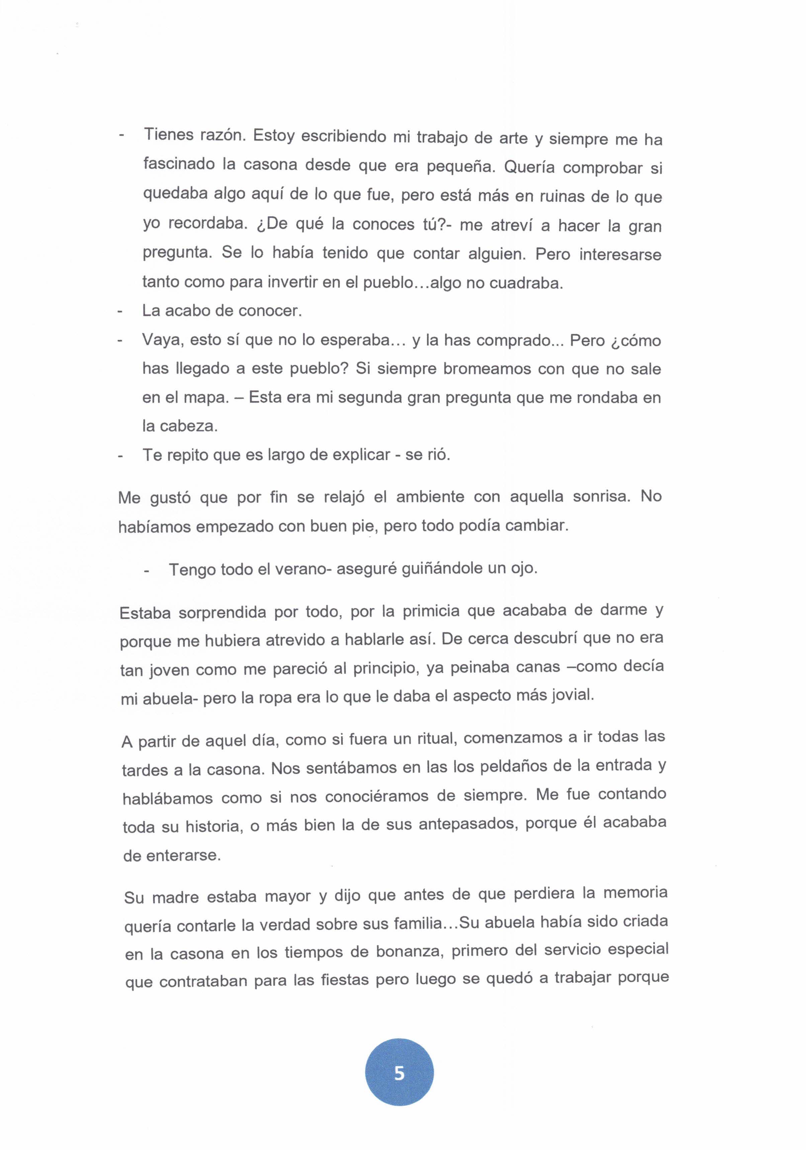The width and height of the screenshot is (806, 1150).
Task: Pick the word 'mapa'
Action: pyautogui.click(x=204, y=398)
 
